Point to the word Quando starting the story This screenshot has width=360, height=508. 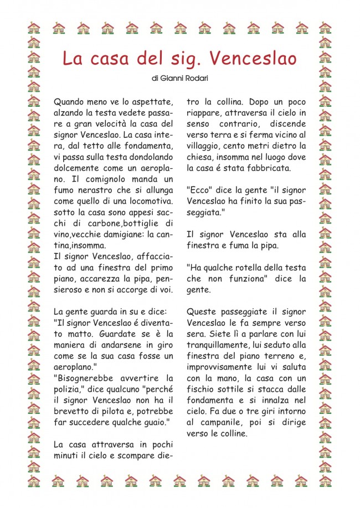click(70, 102)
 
